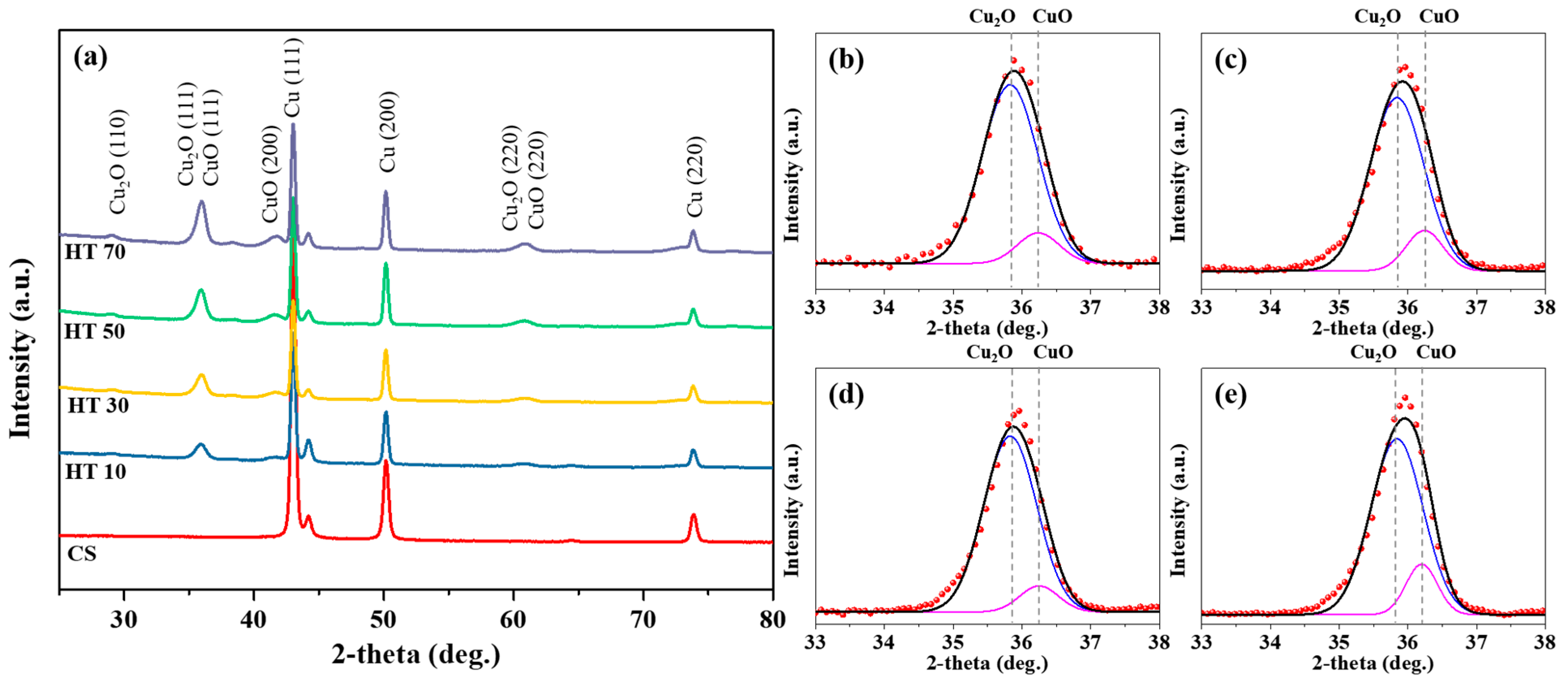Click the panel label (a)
point(90,58)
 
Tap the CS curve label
point(82,553)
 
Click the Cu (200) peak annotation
point(388,132)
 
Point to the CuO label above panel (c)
point(1439,16)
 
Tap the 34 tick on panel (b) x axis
point(883,307)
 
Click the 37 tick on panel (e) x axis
point(1476,642)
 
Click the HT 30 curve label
point(98,405)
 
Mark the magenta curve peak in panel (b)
point(1038,233)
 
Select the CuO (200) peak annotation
point(270,174)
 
